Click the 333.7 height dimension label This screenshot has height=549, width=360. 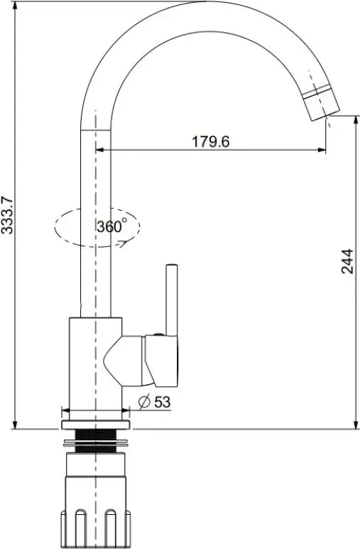[x=7, y=215]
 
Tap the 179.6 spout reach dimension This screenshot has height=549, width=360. [x=210, y=142]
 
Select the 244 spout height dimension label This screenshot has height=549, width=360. [x=347, y=261]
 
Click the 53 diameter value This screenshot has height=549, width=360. [x=163, y=402]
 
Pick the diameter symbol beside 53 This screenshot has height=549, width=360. [x=144, y=401]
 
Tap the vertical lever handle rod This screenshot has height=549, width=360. [x=172, y=300]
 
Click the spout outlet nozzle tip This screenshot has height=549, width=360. [x=322, y=104]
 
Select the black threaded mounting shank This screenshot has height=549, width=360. [x=95, y=440]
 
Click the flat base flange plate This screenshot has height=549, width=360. [x=96, y=425]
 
